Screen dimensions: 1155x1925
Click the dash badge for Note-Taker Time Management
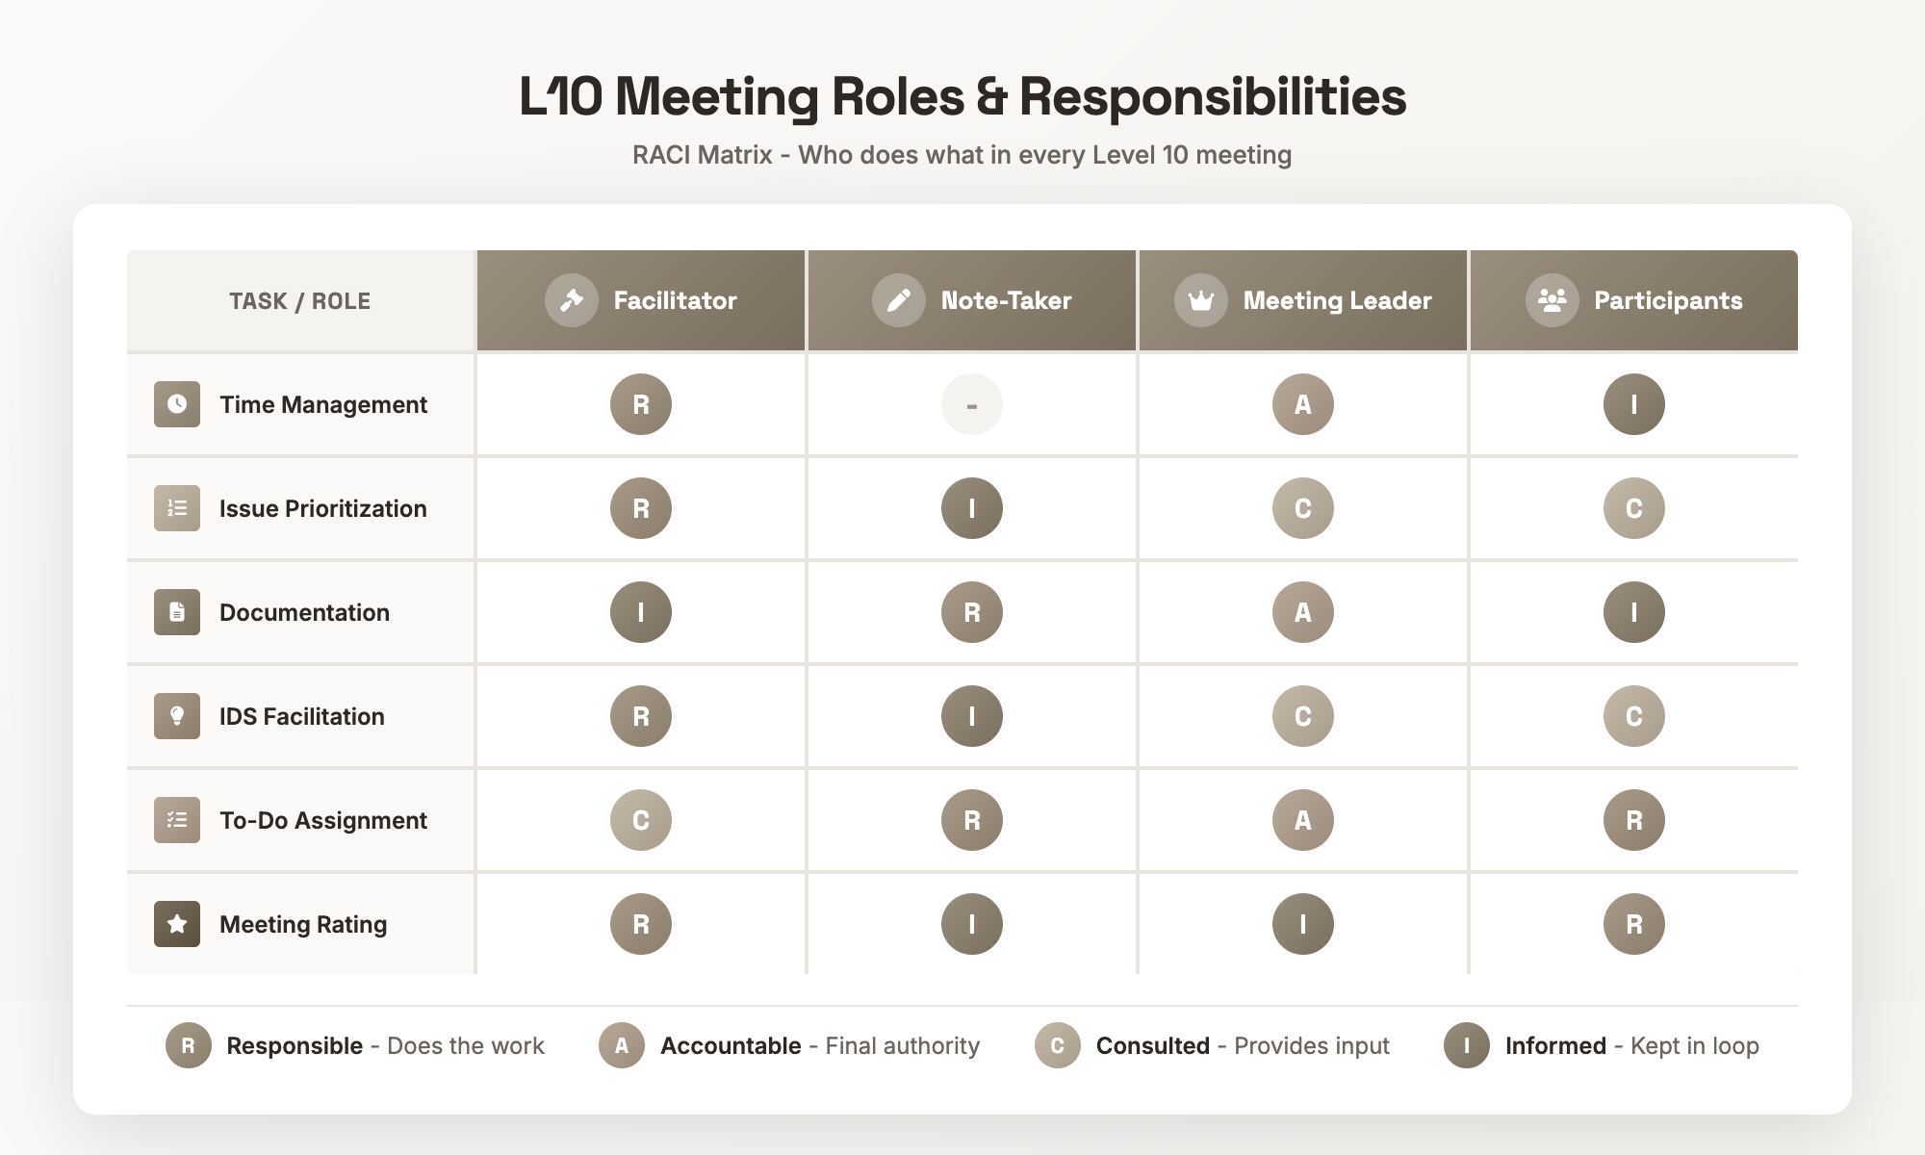click(x=971, y=404)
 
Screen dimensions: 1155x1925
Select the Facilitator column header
click(x=642, y=300)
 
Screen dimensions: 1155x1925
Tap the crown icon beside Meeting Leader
click(x=1200, y=300)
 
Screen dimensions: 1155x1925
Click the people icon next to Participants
click(x=1552, y=300)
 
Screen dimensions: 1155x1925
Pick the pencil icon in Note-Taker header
click(x=898, y=300)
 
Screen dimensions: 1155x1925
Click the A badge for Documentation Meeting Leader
click(x=1302, y=612)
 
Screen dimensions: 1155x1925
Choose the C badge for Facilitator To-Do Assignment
click(x=640, y=820)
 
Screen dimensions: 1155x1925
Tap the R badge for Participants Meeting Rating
click(x=1633, y=924)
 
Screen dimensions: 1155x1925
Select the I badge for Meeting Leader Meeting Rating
click(x=1302, y=924)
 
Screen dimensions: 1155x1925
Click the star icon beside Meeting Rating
click(x=177, y=924)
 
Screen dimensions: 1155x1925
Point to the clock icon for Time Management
click(x=177, y=404)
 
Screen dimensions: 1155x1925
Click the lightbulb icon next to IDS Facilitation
click(x=177, y=716)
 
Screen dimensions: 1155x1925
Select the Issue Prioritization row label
click(x=322, y=508)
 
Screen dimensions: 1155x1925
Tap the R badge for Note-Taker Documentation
click(x=971, y=612)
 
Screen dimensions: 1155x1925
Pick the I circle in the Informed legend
click(x=1466, y=1045)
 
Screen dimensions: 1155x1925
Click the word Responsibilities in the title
click(x=1212, y=97)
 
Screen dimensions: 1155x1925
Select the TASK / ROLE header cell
click(x=299, y=301)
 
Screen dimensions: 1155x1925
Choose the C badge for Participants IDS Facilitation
click(x=1633, y=716)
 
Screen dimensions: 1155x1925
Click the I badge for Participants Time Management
click(x=1633, y=404)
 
